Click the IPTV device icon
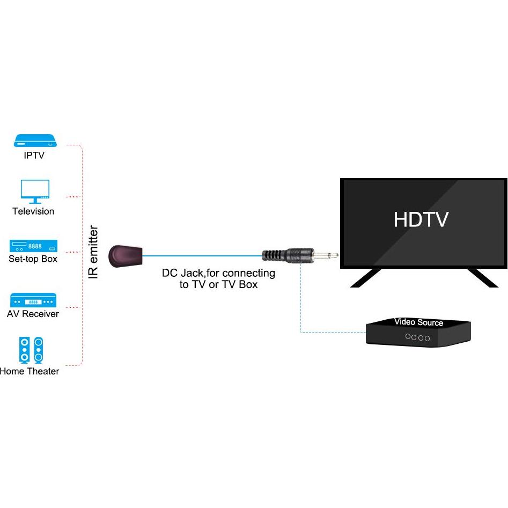35,141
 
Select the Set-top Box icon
33,246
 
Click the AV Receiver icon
33,300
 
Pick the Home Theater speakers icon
31,349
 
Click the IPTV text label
34,156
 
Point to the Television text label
33,211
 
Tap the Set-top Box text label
33,259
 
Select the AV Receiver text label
33,314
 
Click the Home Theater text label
30,371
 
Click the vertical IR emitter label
93,252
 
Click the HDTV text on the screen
421,219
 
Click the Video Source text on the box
419,322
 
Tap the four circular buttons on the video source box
418,337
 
